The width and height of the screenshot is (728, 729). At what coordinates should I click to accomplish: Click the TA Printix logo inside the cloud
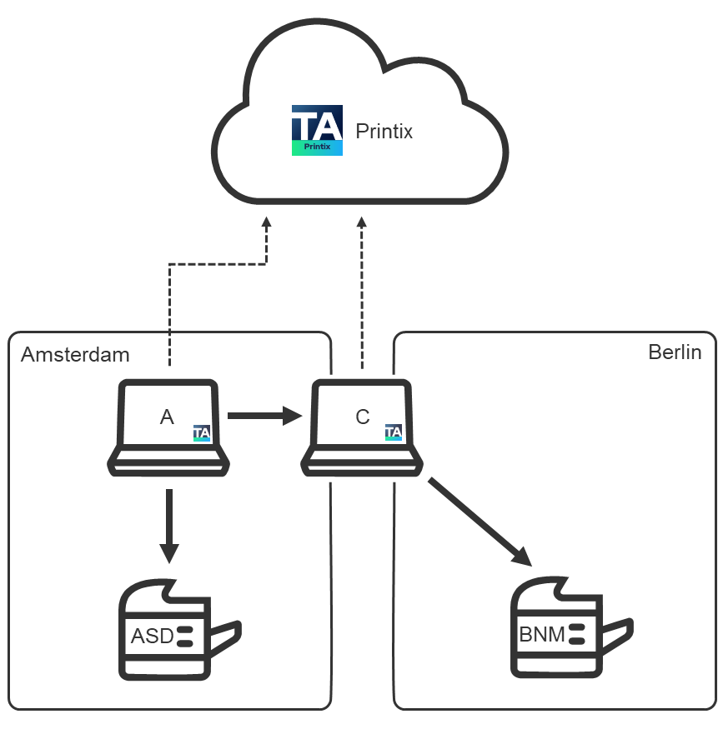(x=317, y=131)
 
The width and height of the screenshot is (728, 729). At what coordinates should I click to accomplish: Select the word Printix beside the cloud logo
(x=384, y=132)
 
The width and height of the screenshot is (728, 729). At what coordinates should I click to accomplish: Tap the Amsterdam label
(x=75, y=355)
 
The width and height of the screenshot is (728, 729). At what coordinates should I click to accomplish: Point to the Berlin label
(x=675, y=352)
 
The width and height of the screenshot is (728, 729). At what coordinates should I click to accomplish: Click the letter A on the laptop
(x=167, y=417)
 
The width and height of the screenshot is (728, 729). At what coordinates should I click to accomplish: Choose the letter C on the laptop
(x=362, y=417)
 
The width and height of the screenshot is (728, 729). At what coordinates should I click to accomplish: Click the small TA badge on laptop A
(x=202, y=432)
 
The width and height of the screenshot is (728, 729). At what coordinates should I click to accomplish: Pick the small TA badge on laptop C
(x=394, y=432)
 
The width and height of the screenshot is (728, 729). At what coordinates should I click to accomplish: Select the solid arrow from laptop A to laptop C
(x=264, y=415)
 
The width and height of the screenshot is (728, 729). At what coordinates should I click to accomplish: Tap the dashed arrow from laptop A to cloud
(x=170, y=300)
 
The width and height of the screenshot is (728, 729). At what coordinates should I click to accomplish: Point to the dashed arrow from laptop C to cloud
(x=361, y=292)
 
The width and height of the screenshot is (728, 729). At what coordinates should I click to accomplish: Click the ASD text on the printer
(x=152, y=637)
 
